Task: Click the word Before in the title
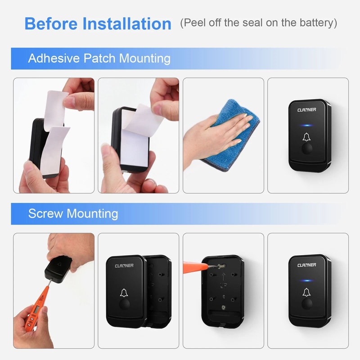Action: (x=48, y=23)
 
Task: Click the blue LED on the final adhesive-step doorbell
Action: (x=308, y=126)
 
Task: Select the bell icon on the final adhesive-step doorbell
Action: (x=308, y=138)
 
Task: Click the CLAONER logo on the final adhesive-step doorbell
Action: (x=307, y=109)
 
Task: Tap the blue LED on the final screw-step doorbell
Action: (x=308, y=281)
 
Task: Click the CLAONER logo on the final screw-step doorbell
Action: (x=307, y=265)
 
